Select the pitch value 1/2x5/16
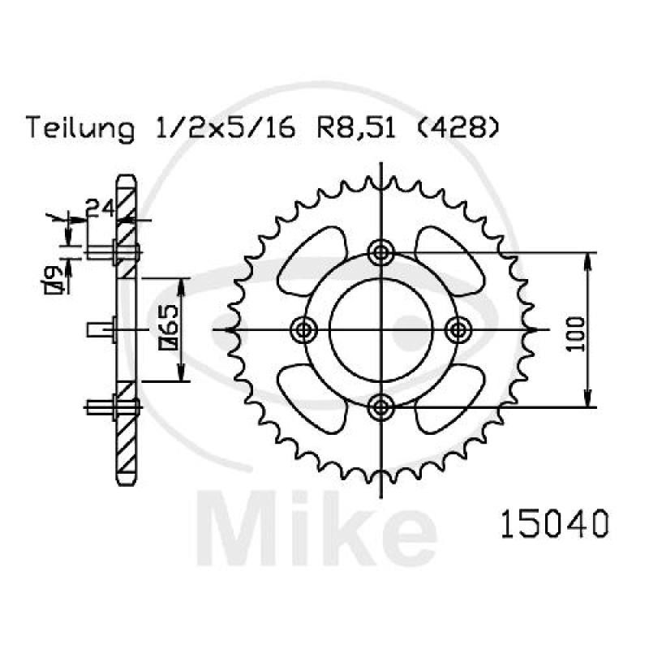(x=226, y=128)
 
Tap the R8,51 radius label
(x=356, y=128)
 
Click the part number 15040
(x=555, y=523)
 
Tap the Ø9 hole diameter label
(x=54, y=280)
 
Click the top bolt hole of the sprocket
(x=380, y=252)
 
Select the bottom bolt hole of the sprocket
(x=380, y=408)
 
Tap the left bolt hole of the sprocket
(x=303, y=330)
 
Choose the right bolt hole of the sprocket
(x=458, y=330)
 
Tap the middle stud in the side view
(x=101, y=330)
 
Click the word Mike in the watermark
(x=317, y=529)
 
